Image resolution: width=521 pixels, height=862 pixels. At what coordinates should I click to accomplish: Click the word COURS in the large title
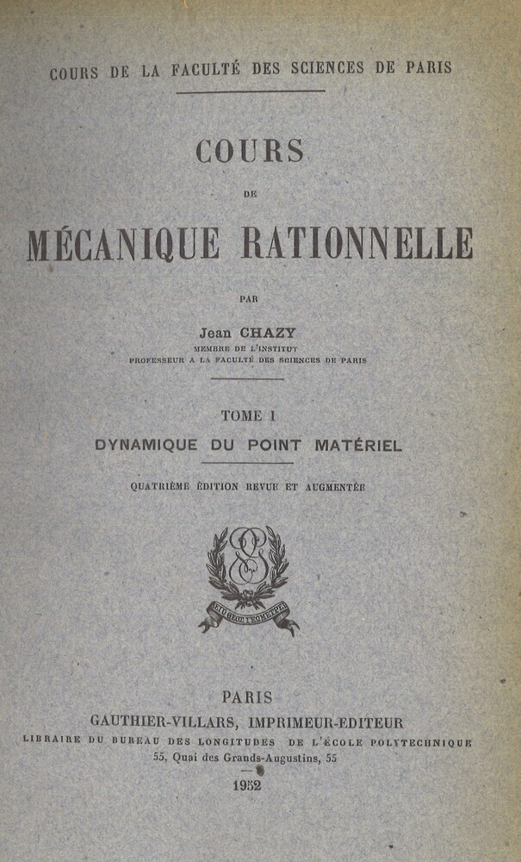(250, 151)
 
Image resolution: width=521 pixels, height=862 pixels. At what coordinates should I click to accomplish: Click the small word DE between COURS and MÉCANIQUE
(250, 194)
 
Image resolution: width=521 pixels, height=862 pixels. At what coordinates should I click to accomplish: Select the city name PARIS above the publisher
(247, 698)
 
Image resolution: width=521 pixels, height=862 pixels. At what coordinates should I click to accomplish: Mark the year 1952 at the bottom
(247, 785)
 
